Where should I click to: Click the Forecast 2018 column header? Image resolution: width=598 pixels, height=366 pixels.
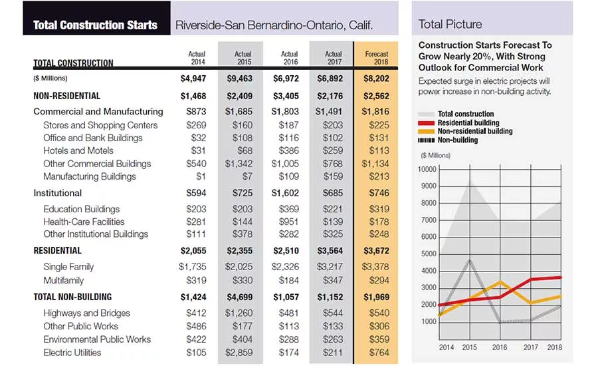(x=377, y=58)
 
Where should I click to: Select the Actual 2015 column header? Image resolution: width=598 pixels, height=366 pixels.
(x=243, y=58)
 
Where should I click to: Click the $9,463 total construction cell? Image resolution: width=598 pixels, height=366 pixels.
(x=239, y=79)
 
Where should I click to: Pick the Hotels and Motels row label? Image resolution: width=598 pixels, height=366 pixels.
(x=78, y=150)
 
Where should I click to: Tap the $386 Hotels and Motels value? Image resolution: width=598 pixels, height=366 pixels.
(x=289, y=150)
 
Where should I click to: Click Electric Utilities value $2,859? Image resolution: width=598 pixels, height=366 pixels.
(x=239, y=352)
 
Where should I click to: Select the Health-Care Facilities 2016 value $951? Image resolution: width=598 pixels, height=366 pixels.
(x=289, y=222)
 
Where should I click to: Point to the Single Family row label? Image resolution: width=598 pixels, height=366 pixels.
(x=68, y=267)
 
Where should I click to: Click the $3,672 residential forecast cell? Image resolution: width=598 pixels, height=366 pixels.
(x=376, y=251)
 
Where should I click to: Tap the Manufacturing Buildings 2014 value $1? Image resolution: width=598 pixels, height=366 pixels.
(x=201, y=176)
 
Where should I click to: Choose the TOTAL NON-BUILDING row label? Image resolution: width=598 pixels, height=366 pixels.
(x=72, y=297)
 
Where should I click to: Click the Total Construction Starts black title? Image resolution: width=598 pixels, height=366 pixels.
(x=95, y=25)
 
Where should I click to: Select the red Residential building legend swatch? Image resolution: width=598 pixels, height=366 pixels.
(x=426, y=123)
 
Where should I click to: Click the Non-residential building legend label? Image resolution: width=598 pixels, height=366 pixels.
(x=475, y=131)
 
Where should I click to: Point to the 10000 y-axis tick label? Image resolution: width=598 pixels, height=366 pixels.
(x=427, y=169)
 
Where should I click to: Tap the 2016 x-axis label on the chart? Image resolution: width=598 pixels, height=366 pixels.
(x=500, y=347)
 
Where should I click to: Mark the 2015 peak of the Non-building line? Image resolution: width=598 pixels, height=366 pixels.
(x=470, y=260)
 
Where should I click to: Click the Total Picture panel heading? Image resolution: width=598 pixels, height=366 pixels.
(x=450, y=25)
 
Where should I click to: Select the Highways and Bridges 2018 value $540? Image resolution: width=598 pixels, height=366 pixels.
(x=379, y=313)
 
